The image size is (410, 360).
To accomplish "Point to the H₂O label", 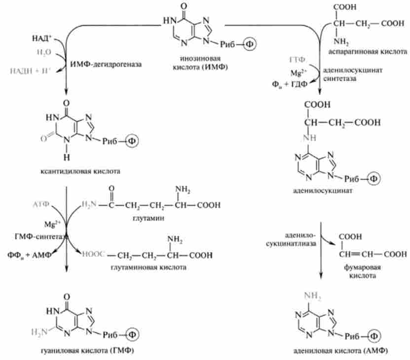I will pos(43,51).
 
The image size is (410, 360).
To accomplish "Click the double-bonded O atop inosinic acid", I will pos(185,7).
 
